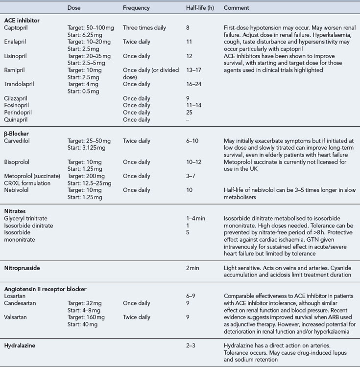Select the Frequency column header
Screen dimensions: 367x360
[136, 8]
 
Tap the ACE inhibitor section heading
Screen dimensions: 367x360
[22, 21]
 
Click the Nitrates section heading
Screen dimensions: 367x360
[16, 210]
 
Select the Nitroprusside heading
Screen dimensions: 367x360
[23, 268]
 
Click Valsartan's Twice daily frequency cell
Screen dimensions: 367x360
[137, 317]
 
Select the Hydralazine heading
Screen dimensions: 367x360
[20, 346]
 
